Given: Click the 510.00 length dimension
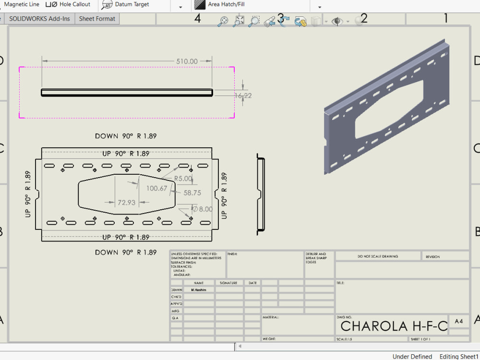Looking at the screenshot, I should (187, 61).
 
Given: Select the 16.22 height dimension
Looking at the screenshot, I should (243, 96).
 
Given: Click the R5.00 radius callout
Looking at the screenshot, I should (183, 179).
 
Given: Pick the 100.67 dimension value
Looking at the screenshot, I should (157, 188).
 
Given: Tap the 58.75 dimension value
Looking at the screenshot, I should (192, 193).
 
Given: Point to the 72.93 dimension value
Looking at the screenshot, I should (126, 203).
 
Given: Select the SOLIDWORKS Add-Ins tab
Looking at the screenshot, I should (39, 19).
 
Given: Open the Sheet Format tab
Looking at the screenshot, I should (97, 19).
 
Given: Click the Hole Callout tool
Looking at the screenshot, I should (70, 4).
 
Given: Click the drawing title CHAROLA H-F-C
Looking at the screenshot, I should (394, 326).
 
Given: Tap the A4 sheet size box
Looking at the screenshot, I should (458, 322).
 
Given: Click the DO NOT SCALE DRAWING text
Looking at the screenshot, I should (378, 256).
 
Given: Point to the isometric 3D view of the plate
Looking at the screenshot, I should (388, 108).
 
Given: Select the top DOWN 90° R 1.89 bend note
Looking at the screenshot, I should (126, 136).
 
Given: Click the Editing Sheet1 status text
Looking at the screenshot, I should (459, 357).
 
